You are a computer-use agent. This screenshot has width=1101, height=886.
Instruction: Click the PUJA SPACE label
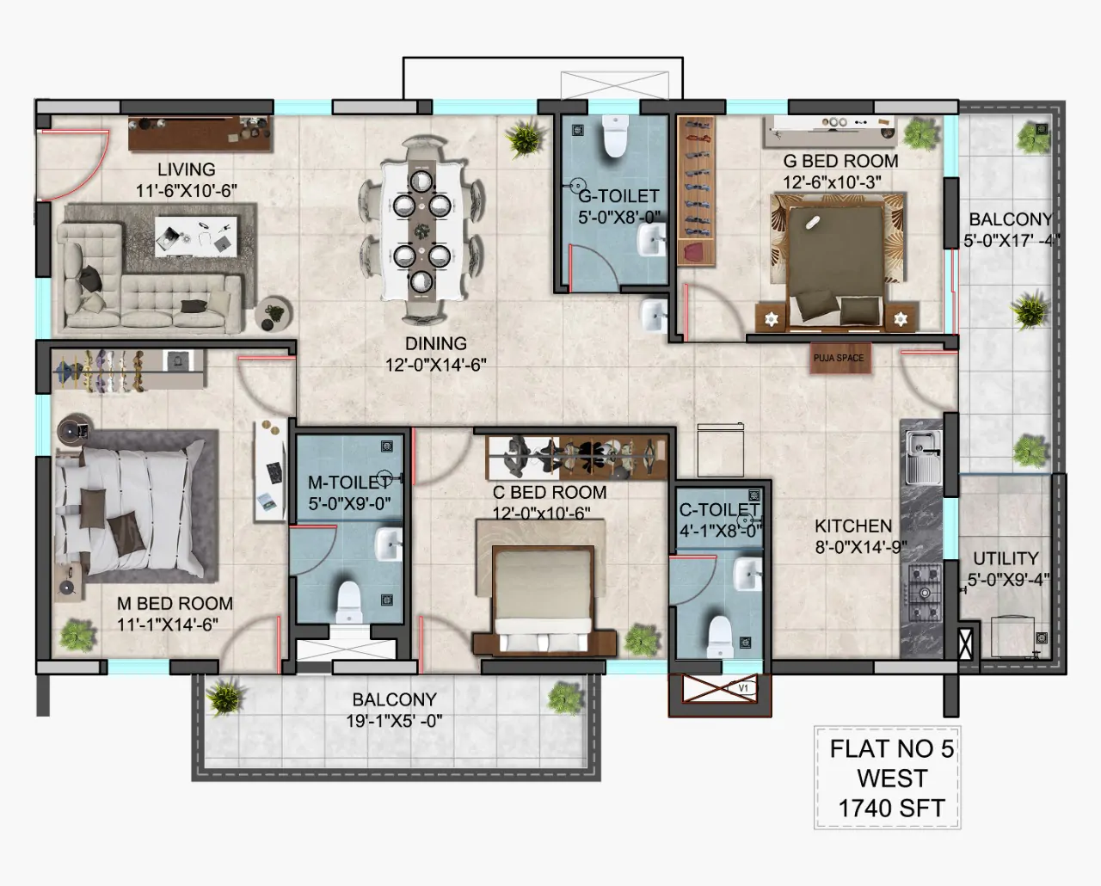[x=838, y=358]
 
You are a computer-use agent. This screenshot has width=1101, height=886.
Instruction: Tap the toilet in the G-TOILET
[x=615, y=136]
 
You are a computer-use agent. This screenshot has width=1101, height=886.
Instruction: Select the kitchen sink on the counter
[x=924, y=457]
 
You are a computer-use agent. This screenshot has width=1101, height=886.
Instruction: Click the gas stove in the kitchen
[x=925, y=593]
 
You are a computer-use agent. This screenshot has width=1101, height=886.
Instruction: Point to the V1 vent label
[x=743, y=688]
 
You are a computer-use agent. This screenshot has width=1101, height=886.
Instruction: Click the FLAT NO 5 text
[x=892, y=749]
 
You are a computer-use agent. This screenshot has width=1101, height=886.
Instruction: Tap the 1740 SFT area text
[x=891, y=809]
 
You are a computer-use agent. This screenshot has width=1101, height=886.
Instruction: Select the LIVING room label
[x=187, y=169]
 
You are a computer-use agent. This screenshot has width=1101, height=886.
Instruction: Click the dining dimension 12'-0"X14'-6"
[x=436, y=365]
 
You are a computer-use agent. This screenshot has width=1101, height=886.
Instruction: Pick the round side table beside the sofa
[x=274, y=313]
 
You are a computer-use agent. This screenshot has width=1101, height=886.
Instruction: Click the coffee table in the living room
[x=196, y=236]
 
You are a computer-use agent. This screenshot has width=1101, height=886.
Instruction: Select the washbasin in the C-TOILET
[x=748, y=574]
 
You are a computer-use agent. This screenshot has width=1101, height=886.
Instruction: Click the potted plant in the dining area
[x=525, y=136]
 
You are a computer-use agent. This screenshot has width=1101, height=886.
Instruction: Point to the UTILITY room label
[x=1006, y=558]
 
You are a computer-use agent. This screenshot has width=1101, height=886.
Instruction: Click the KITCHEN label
[x=853, y=526]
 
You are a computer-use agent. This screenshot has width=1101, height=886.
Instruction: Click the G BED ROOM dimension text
[x=832, y=182]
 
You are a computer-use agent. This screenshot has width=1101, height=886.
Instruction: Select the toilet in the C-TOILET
[x=720, y=637]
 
